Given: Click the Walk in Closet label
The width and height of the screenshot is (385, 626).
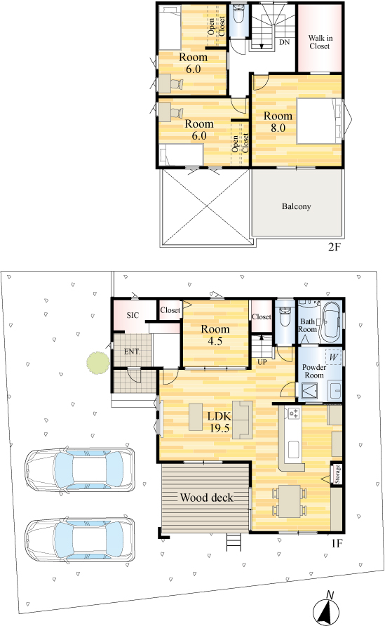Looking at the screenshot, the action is coord(320,42).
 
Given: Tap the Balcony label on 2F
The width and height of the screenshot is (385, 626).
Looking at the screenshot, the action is coord(296,206).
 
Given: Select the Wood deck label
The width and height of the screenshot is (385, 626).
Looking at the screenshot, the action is coord(206,498).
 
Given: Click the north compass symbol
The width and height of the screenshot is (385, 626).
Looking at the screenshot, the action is coord(328,609).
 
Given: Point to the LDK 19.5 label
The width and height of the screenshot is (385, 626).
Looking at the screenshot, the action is coord(219,422).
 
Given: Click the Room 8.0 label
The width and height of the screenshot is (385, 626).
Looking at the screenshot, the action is coord(278,122).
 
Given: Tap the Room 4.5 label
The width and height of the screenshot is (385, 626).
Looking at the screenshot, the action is coord(215,335).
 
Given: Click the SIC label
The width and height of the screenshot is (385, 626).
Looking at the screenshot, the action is coord(133,315).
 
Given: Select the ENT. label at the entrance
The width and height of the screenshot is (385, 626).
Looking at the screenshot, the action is coord(132,352).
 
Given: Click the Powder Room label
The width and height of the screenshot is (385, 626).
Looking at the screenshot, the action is coord(314,371).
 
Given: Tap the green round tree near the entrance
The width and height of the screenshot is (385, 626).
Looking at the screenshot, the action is coord(98,363).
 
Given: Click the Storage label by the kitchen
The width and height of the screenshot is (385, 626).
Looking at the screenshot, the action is coord(337,474).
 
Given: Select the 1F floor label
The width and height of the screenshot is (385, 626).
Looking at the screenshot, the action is coord(337,543).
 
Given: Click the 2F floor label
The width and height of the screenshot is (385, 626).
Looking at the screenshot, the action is coord(335,246).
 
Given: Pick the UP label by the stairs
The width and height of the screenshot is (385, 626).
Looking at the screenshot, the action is coord(262,362).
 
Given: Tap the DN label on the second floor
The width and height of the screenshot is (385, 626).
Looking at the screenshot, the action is coord(285,42).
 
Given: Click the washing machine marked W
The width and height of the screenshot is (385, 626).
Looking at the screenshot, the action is coord(333,357).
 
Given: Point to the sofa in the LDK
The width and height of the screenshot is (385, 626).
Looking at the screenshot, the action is coord(242,420).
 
